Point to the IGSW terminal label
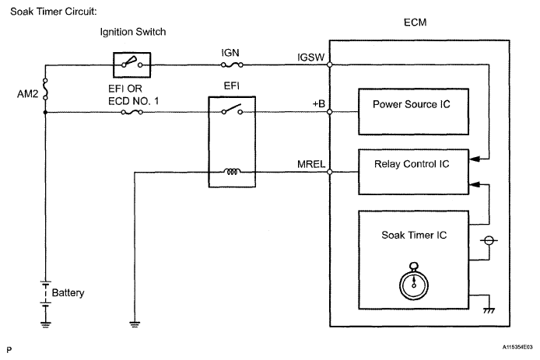coord(310,57)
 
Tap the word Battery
coord(68,293)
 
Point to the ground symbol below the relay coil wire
coord(135,319)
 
